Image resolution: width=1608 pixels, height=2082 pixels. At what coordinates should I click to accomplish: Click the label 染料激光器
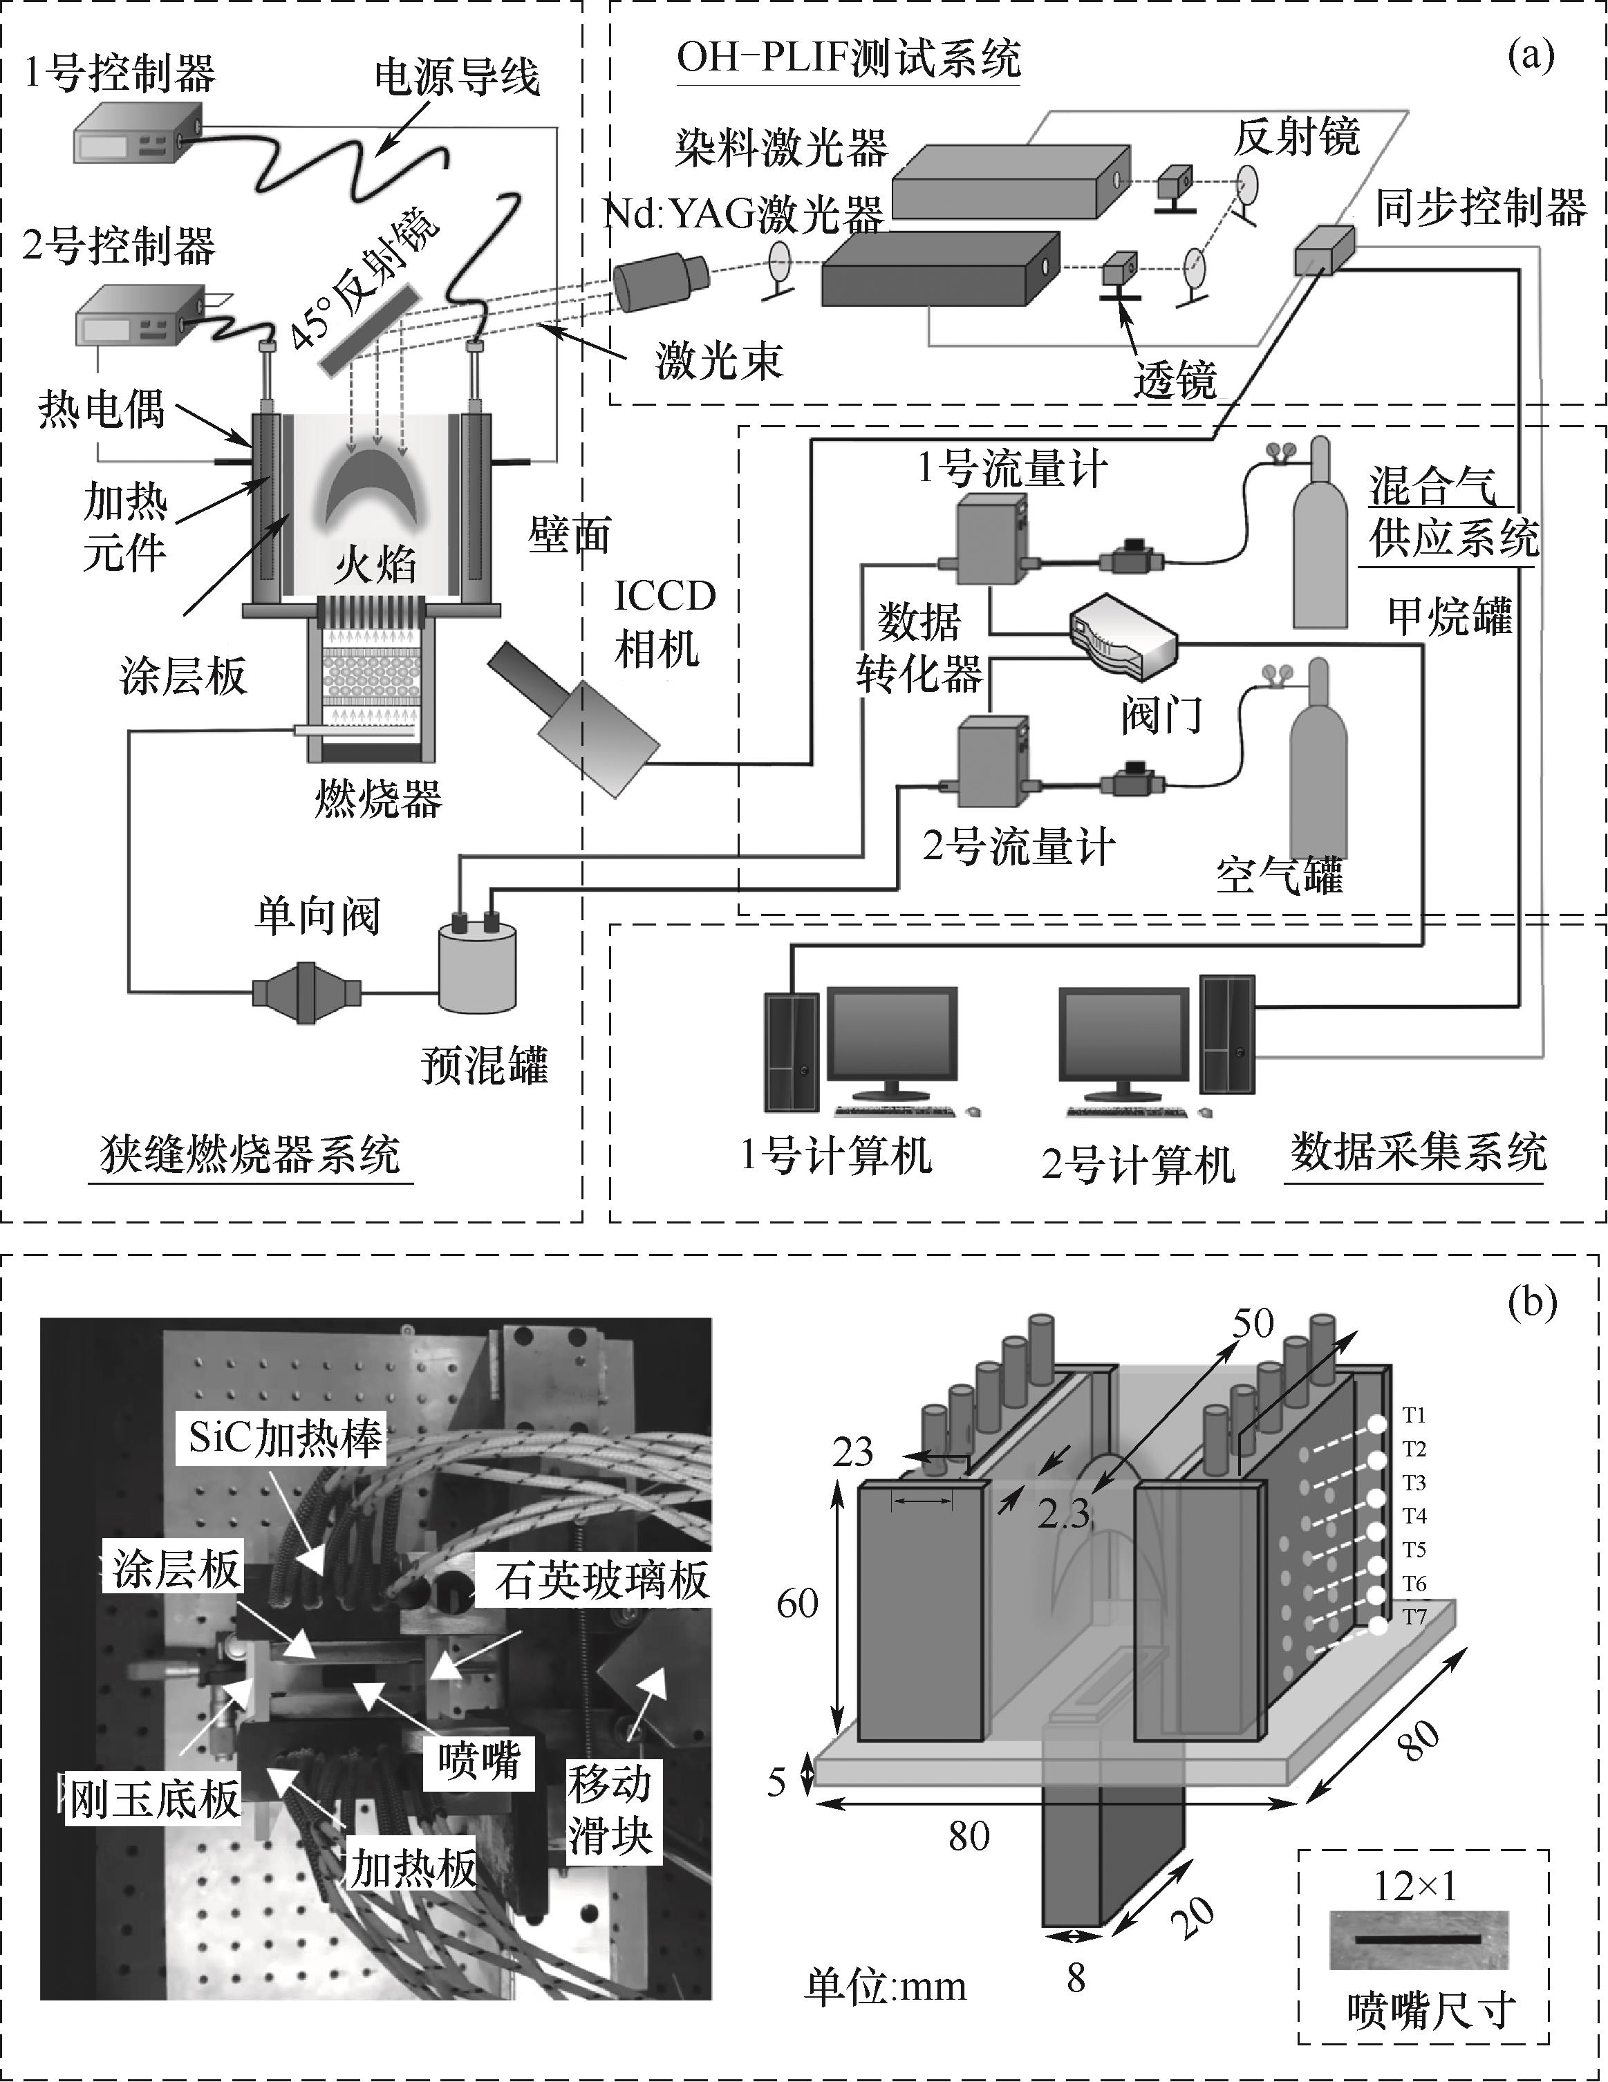pyautogui.click(x=782, y=149)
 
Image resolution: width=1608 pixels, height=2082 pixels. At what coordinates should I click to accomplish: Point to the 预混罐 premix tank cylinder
pyautogui.click(x=476, y=965)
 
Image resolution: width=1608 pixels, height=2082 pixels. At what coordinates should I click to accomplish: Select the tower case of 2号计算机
pyautogui.click(x=1228, y=1033)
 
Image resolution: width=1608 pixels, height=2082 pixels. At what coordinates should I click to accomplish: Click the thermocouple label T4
pyautogui.click(x=1414, y=1516)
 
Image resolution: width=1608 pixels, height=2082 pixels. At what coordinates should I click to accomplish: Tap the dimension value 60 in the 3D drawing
pyautogui.click(x=798, y=1604)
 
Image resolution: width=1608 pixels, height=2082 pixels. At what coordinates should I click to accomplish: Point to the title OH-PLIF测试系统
pyautogui.click(x=848, y=59)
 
